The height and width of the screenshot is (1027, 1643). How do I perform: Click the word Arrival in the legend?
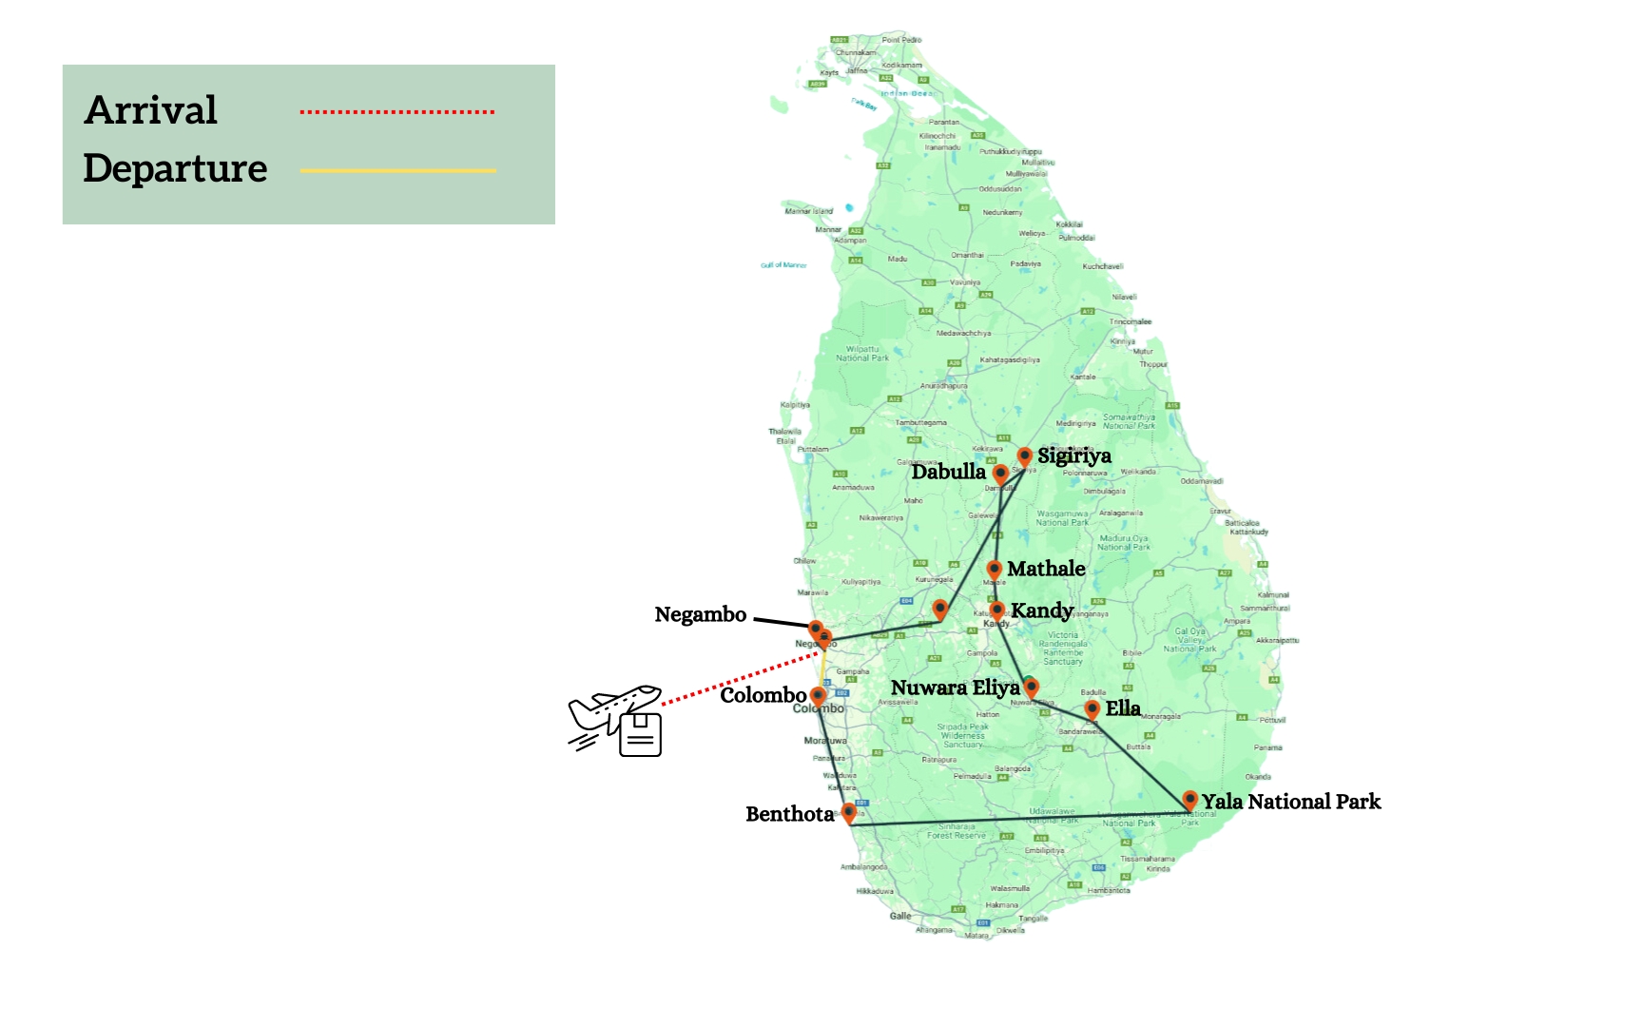pyautogui.click(x=151, y=110)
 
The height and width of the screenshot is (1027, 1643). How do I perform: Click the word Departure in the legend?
pyautogui.click(x=175, y=168)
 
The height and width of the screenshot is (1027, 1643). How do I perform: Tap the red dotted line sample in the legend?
pyautogui.click(x=396, y=112)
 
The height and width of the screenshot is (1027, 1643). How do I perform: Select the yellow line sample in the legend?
pyautogui.click(x=397, y=171)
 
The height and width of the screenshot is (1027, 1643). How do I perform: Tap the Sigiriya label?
pyautogui.click(x=1073, y=455)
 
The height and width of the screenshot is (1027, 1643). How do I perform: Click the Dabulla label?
pyautogui.click(x=948, y=472)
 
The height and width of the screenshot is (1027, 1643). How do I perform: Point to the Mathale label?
pyautogui.click(x=1046, y=569)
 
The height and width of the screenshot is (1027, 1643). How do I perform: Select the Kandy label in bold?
pyautogui.click(x=1042, y=610)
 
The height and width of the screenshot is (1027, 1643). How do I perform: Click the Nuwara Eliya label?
pyautogui.click(x=955, y=688)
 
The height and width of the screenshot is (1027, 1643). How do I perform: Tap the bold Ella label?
pyautogui.click(x=1122, y=708)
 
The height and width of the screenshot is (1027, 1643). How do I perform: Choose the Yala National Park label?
pyautogui.click(x=1290, y=802)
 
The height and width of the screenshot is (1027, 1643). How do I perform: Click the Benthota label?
pyautogui.click(x=789, y=814)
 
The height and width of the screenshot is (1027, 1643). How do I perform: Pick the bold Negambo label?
pyautogui.click(x=700, y=614)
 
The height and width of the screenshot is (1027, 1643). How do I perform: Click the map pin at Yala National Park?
pyautogui.click(x=1189, y=800)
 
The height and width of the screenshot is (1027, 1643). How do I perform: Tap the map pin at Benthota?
pyautogui.click(x=849, y=812)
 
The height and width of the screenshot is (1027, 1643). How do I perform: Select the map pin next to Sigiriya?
pyautogui.click(x=1024, y=456)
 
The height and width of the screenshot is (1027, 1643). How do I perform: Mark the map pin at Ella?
pyautogui.click(x=1092, y=708)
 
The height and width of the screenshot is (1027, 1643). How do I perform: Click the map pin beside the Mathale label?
pyautogui.click(x=995, y=570)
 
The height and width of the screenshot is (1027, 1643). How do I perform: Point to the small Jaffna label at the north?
pyautogui.click(x=857, y=70)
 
